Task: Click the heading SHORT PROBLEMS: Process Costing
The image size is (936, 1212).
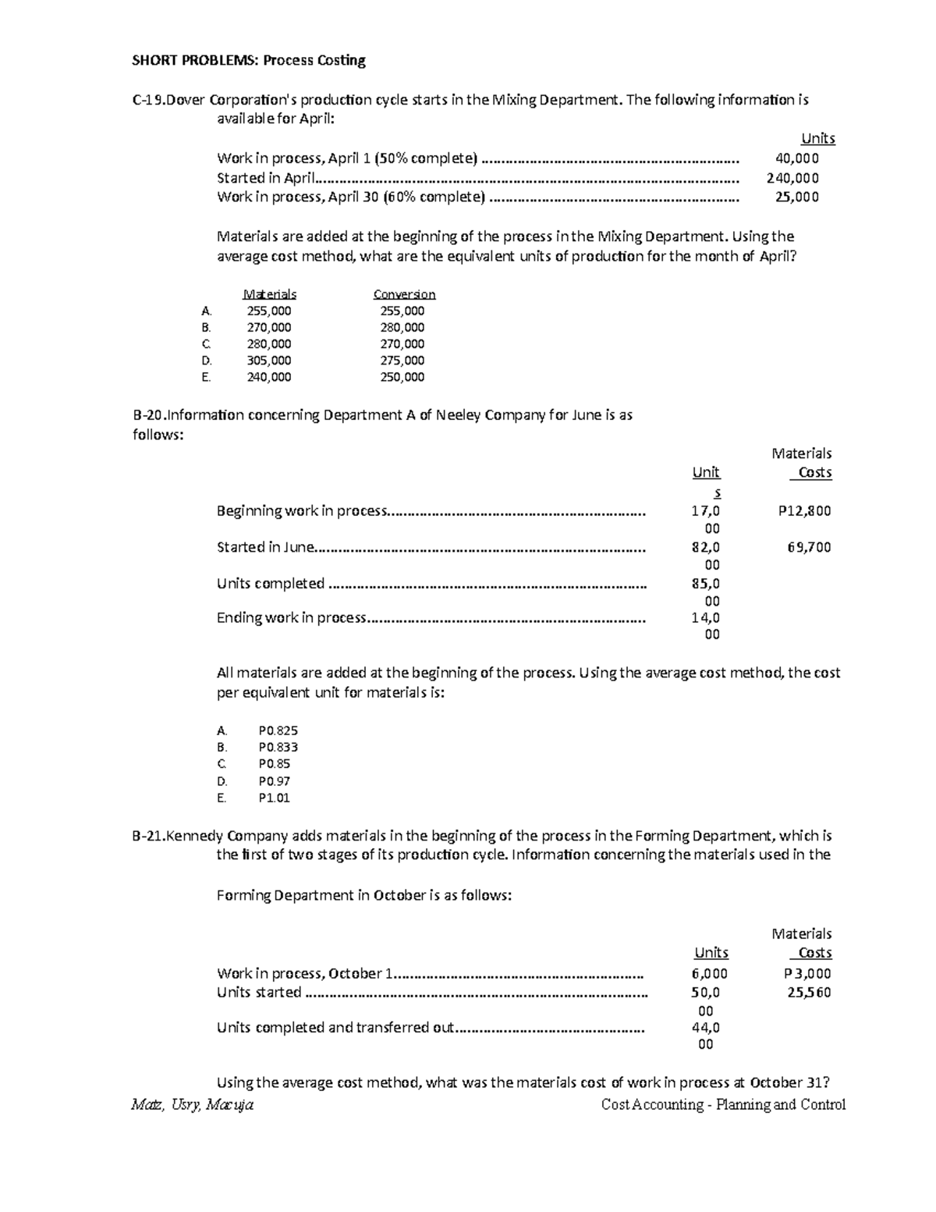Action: coord(249,61)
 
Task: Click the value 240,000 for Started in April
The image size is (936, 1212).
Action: coord(792,178)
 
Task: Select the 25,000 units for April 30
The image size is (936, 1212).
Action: coord(796,197)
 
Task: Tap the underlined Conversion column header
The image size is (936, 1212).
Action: coord(404,294)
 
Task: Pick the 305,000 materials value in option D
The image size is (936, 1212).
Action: coord(268,361)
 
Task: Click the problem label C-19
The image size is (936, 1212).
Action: coord(148,100)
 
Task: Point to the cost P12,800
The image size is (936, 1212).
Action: coord(804,511)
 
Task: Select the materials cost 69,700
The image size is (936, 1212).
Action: coord(809,547)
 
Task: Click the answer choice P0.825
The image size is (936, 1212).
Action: coord(278,730)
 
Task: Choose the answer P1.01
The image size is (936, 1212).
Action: coord(274,798)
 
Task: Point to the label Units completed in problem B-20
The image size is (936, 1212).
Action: coord(270,584)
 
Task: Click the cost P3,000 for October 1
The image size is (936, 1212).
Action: coord(807,973)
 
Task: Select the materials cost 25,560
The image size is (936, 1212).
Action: coord(809,993)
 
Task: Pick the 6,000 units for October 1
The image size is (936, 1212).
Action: coord(709,973)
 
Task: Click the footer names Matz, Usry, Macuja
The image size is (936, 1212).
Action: coord(193,1104)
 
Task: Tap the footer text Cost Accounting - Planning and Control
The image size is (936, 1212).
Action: coord(723,1104)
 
